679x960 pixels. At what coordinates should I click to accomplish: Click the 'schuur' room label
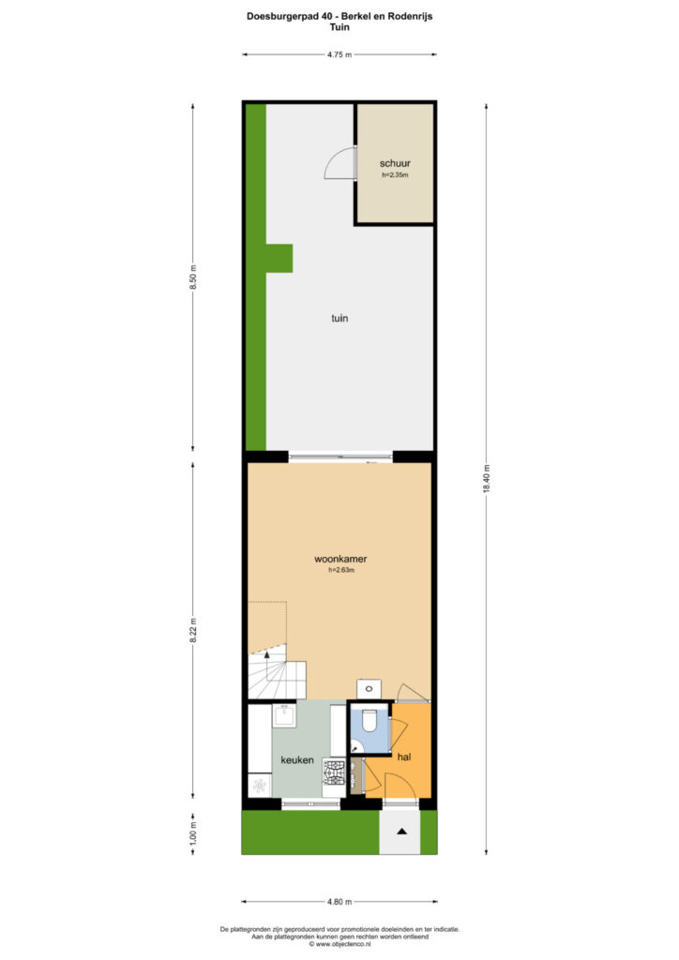tap(395, 163)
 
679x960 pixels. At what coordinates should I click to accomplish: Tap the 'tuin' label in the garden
tap(339, 319)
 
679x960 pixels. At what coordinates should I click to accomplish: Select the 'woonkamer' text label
tap(340, 559)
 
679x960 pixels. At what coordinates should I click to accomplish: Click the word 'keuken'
tap(297, 760)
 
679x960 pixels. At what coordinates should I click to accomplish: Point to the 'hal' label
tap(404, 757)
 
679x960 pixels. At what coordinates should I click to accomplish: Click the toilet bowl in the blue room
tap(370, 721)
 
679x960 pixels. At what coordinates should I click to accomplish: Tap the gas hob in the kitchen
tap(334, 772)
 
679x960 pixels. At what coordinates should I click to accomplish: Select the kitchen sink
tap(284, 715)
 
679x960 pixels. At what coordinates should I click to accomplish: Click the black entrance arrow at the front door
tap(401, 832)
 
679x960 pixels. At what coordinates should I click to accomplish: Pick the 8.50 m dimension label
tap(193, 277)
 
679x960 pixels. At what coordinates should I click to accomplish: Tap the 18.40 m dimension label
tap(487, 479)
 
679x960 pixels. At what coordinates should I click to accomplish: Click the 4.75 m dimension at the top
tap(339, 54)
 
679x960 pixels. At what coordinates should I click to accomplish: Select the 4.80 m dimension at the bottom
tap(339, 902)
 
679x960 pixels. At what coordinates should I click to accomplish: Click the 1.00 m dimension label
tap(193, 833)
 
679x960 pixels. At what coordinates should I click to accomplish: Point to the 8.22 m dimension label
tap(193, 630)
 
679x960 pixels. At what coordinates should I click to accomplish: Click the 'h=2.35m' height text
tap(395, 175)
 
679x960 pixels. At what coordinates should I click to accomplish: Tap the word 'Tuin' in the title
tap(339, 27)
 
